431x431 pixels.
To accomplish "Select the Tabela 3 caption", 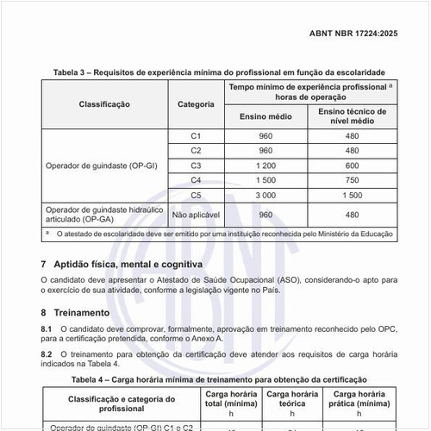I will (x=219, y=72).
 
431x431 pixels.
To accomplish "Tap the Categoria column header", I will (x=196, y=103).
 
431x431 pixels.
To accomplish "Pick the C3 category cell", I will (x=196, y=165).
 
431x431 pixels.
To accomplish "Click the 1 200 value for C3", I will (x=265, y=165).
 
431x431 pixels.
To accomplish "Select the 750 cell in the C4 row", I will (x=352, y=179).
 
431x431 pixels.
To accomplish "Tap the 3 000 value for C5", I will (x=265, y=195).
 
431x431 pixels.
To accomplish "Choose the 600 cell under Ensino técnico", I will (x=352, y=165).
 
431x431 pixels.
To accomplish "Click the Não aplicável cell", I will (x=196, y=215).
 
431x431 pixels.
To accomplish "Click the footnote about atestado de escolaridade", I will (x=222, y=234).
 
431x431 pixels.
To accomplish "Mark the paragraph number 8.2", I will (x=47, y=354).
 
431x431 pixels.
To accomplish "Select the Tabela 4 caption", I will (x=219, y=379).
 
